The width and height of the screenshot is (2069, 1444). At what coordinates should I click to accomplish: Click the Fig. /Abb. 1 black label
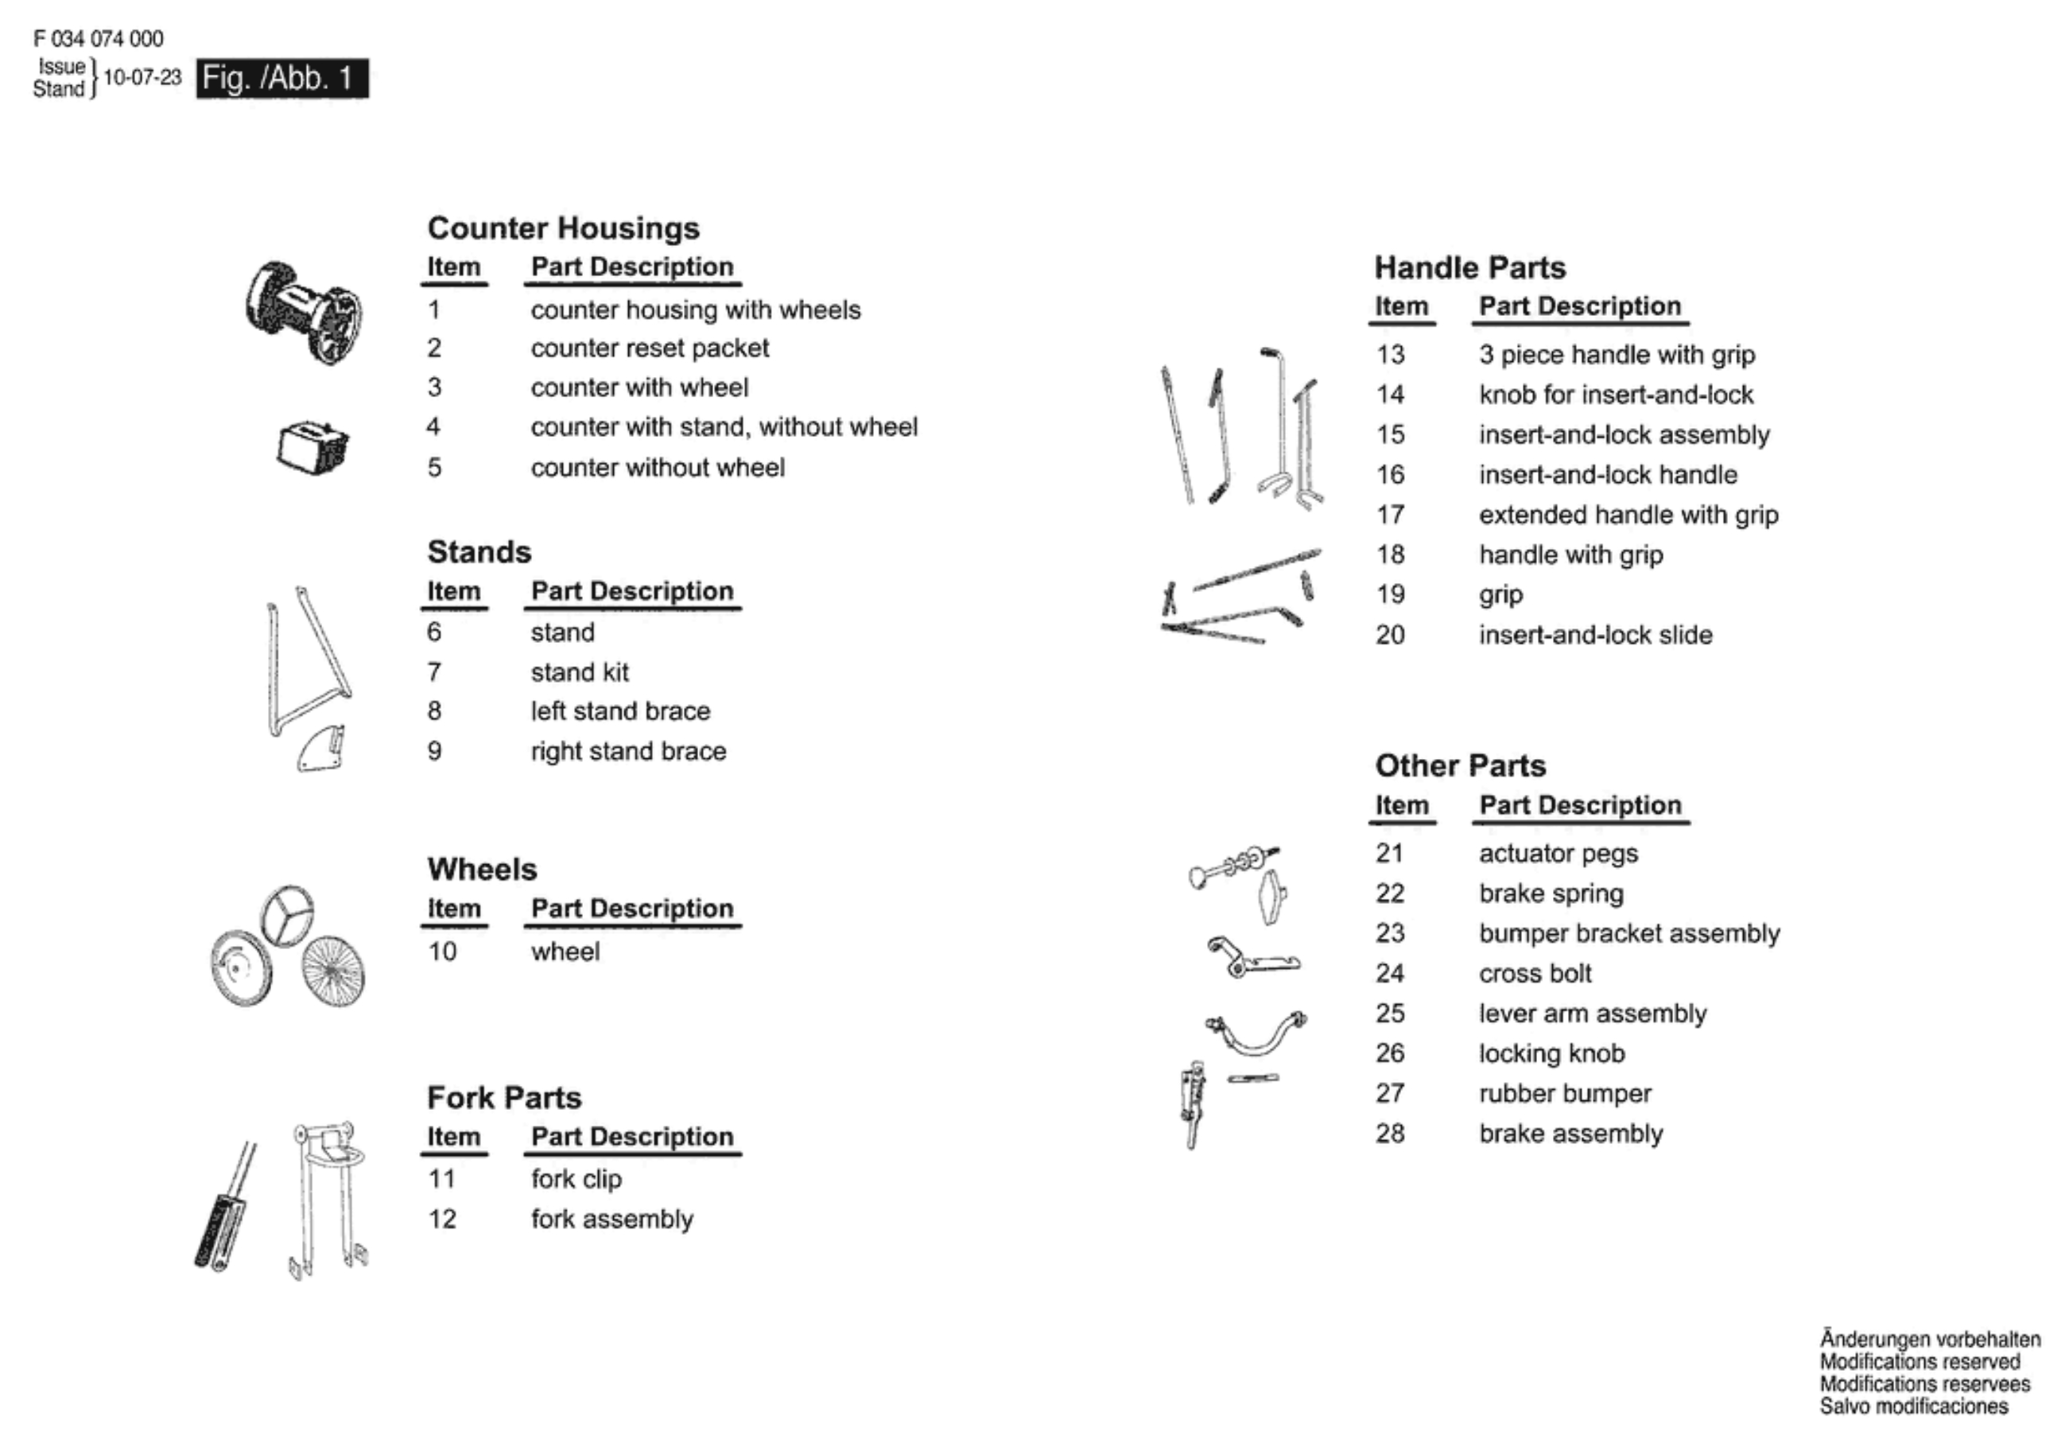tap(282, 79)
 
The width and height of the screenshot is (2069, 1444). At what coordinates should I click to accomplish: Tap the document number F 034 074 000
tap(99, 39)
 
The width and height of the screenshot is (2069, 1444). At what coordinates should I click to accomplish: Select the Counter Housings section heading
tap(563, 228)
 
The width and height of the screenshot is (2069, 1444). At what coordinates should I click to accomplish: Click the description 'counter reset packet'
tap(649, 348)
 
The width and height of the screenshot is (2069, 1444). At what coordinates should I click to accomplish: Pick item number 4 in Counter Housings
tap(433, 426)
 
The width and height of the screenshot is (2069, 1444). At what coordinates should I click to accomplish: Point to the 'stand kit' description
tap(580, 671)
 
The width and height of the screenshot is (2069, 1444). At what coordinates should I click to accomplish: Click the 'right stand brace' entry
tap(628, 751)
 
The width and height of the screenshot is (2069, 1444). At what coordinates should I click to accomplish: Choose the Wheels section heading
tap(482, 869)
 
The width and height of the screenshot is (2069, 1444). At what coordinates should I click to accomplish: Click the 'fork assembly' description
tap(611, 1219)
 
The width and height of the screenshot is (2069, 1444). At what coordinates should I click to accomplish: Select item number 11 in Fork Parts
tap(441, 1179)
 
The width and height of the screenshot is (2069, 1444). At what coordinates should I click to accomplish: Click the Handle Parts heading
tap(1469, 267)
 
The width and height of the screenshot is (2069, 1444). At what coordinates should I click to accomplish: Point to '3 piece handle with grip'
tap(1617, 354)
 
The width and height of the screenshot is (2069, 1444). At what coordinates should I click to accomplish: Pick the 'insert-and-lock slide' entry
tap(1595, 635)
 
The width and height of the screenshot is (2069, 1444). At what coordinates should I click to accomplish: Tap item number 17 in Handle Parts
tap(1390, 515)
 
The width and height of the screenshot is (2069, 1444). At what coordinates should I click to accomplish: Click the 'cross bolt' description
tap(1535, 974)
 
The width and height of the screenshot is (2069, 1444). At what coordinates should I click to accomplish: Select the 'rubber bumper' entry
tap(1564, 1093)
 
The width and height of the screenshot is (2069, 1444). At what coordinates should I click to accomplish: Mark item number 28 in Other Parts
tap(1390, 1133)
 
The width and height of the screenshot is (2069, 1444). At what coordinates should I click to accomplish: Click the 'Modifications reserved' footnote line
tap(1920, 1362)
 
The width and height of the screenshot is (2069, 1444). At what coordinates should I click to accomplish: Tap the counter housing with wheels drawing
tap(303, 312)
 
